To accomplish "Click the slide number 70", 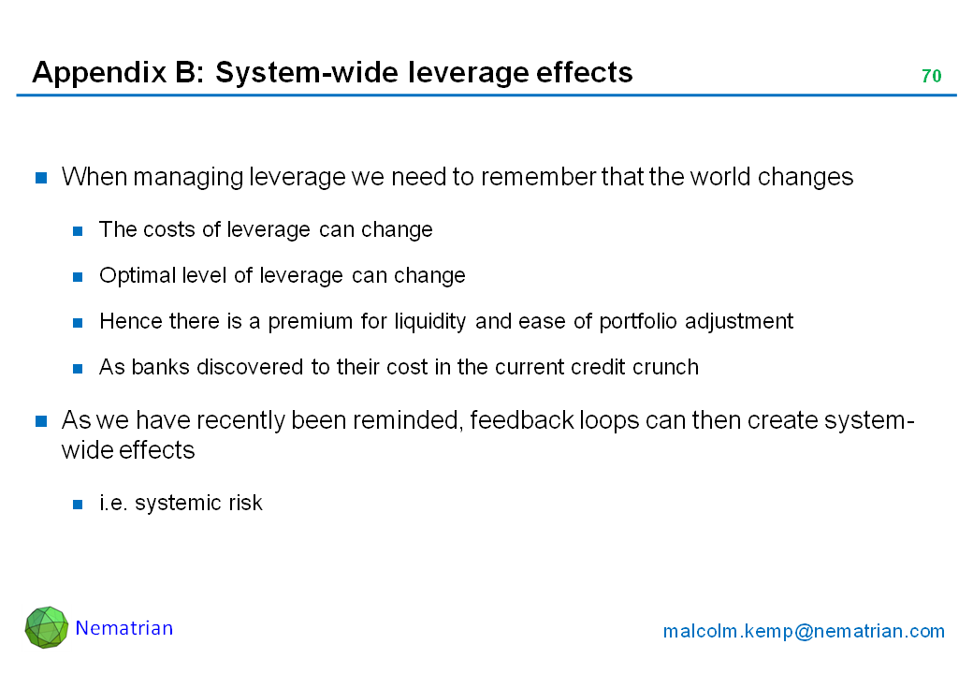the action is pyautogui.click(x=931, y=76).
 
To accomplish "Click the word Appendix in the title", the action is pyautogui.click(x=99, y=73).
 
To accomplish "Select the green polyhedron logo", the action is pyautogui.click(x=47, y=627).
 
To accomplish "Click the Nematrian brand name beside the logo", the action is pyautogui.click(x=124, y=628).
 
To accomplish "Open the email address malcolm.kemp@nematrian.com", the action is pyautogui.click(x=804, y=631).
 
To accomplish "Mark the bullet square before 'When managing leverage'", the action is pyautogui.click(x=41, y=178).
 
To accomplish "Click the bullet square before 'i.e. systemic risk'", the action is pyautogui.click(x=78, y=505).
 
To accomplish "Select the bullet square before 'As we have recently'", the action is pyautogui.click(x=41, y=422).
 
